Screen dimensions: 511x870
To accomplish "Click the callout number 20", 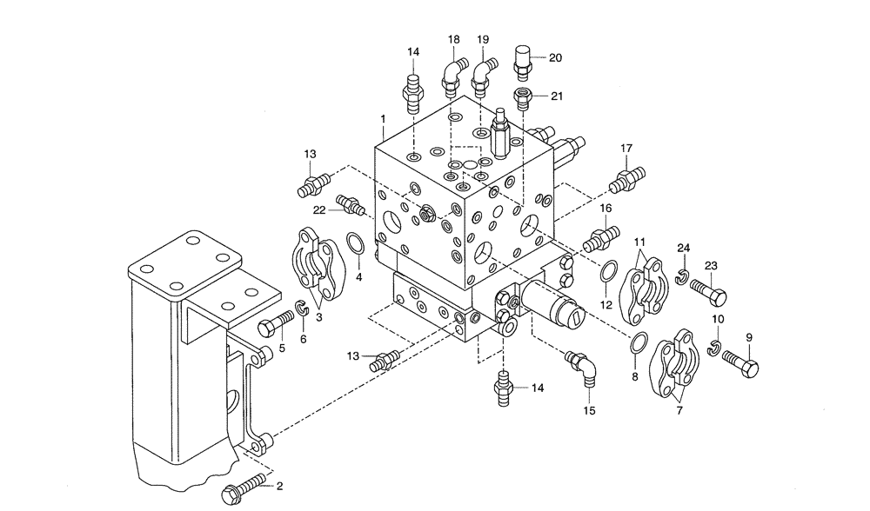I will tap(555, 57).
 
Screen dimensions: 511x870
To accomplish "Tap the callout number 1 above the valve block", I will tap(382, 117).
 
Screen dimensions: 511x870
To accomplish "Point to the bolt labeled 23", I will tap(708, 295).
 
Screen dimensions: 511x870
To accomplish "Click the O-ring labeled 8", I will tap(639, 344).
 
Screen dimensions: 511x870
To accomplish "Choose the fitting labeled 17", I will tap(628, 180).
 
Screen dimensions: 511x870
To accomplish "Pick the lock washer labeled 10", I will tap(714, 348).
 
